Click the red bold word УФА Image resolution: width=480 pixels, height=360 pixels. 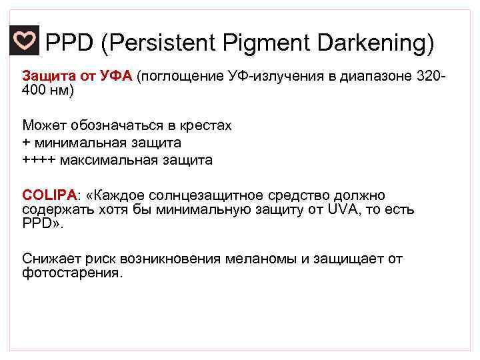pos(117,77)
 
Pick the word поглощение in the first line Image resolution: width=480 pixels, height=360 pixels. pos(179,77)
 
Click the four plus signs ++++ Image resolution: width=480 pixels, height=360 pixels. pos(38,160)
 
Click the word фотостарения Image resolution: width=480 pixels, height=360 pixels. pos(72,272)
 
